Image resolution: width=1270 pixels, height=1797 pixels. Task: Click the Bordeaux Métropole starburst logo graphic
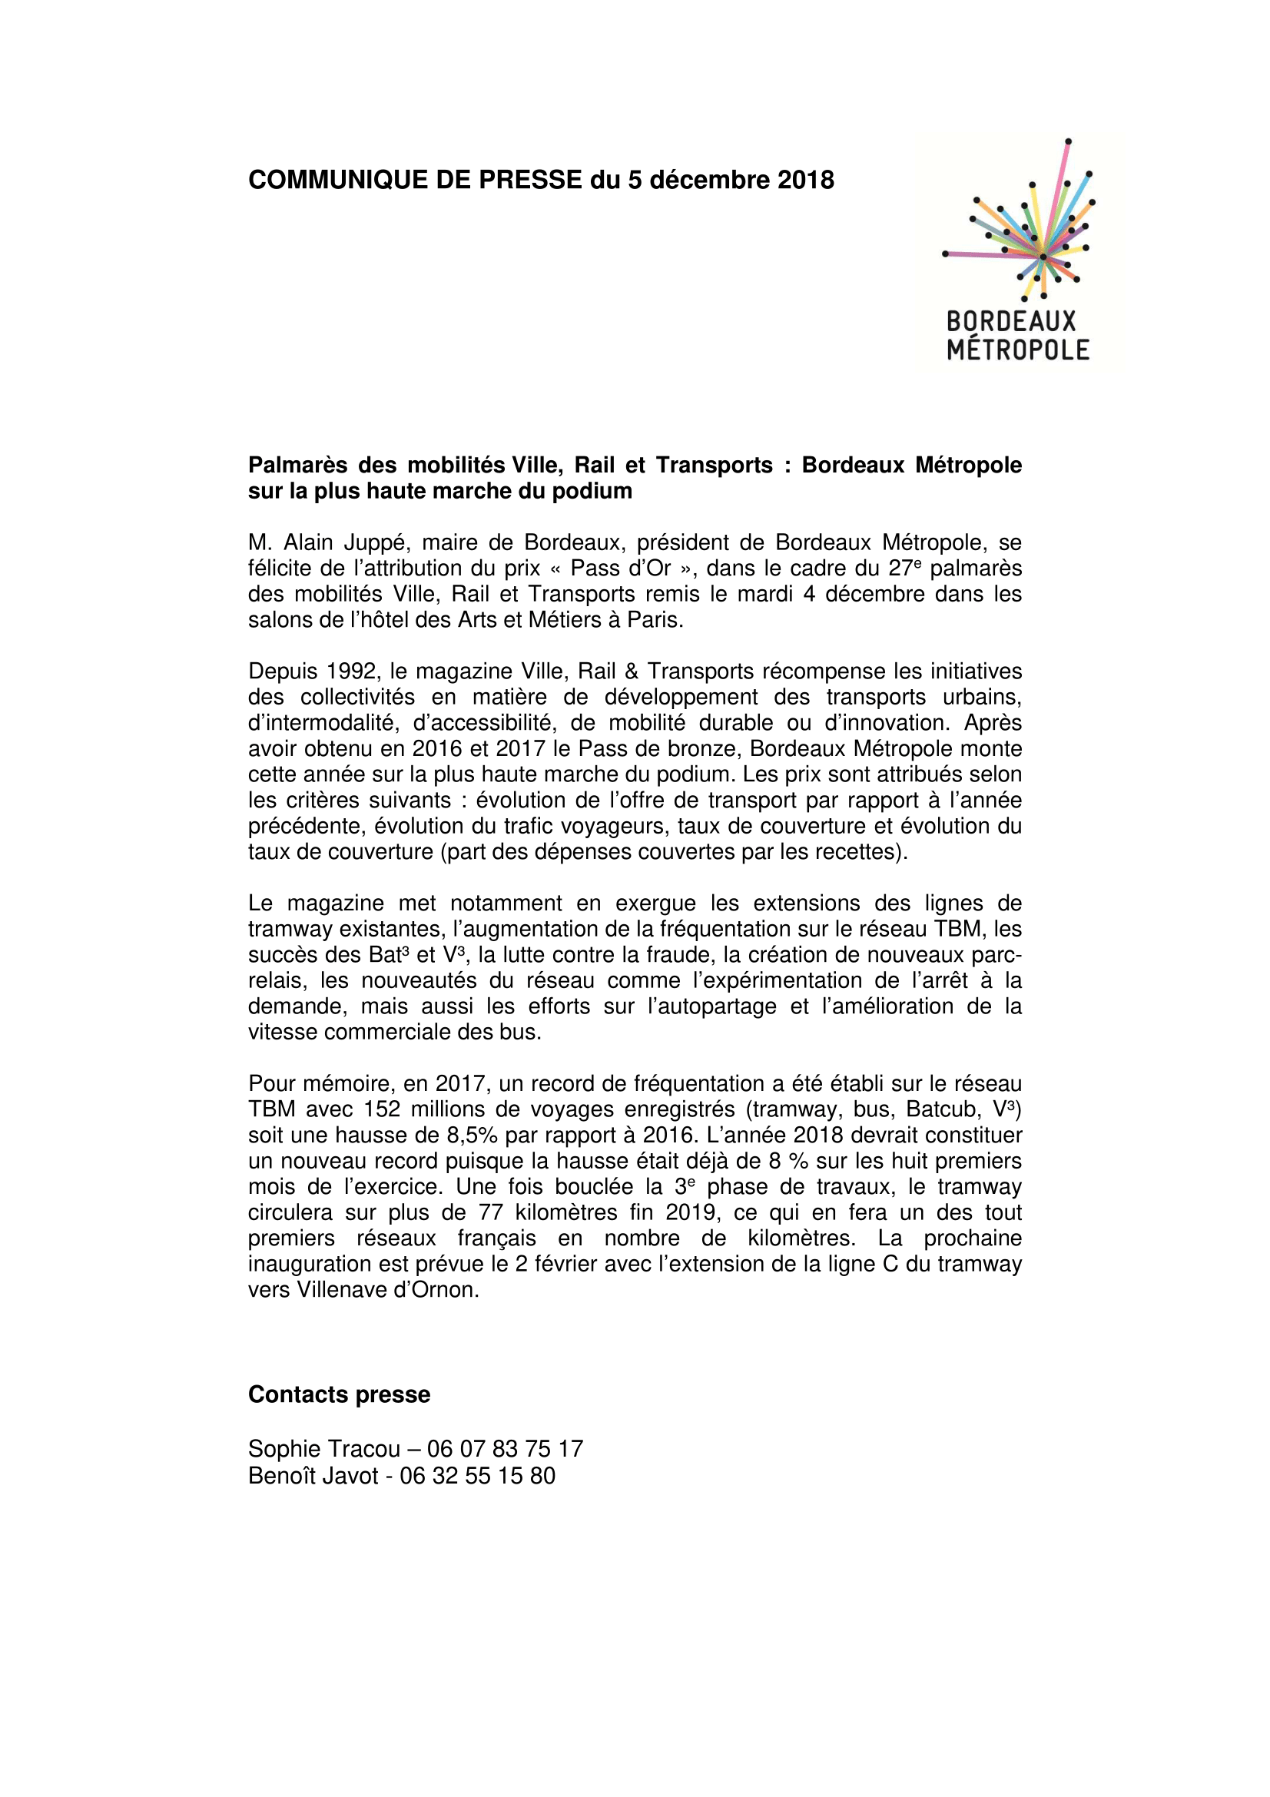click(1020, 222)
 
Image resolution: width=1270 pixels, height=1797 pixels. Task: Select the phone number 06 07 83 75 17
click(505, 1449)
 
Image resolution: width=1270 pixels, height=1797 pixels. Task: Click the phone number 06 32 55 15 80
click(477, 1476)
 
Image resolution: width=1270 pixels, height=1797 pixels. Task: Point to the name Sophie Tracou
click(324, 1449)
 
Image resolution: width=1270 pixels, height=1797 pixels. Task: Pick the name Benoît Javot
click(313, 1476)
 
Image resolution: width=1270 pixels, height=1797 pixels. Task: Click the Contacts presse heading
click(339, 1394)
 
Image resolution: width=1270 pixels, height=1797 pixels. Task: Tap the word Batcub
click(938, 1109)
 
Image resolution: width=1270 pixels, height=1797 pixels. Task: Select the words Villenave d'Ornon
click(387, 1290)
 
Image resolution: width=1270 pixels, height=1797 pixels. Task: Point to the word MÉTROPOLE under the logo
click(1017, 350)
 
